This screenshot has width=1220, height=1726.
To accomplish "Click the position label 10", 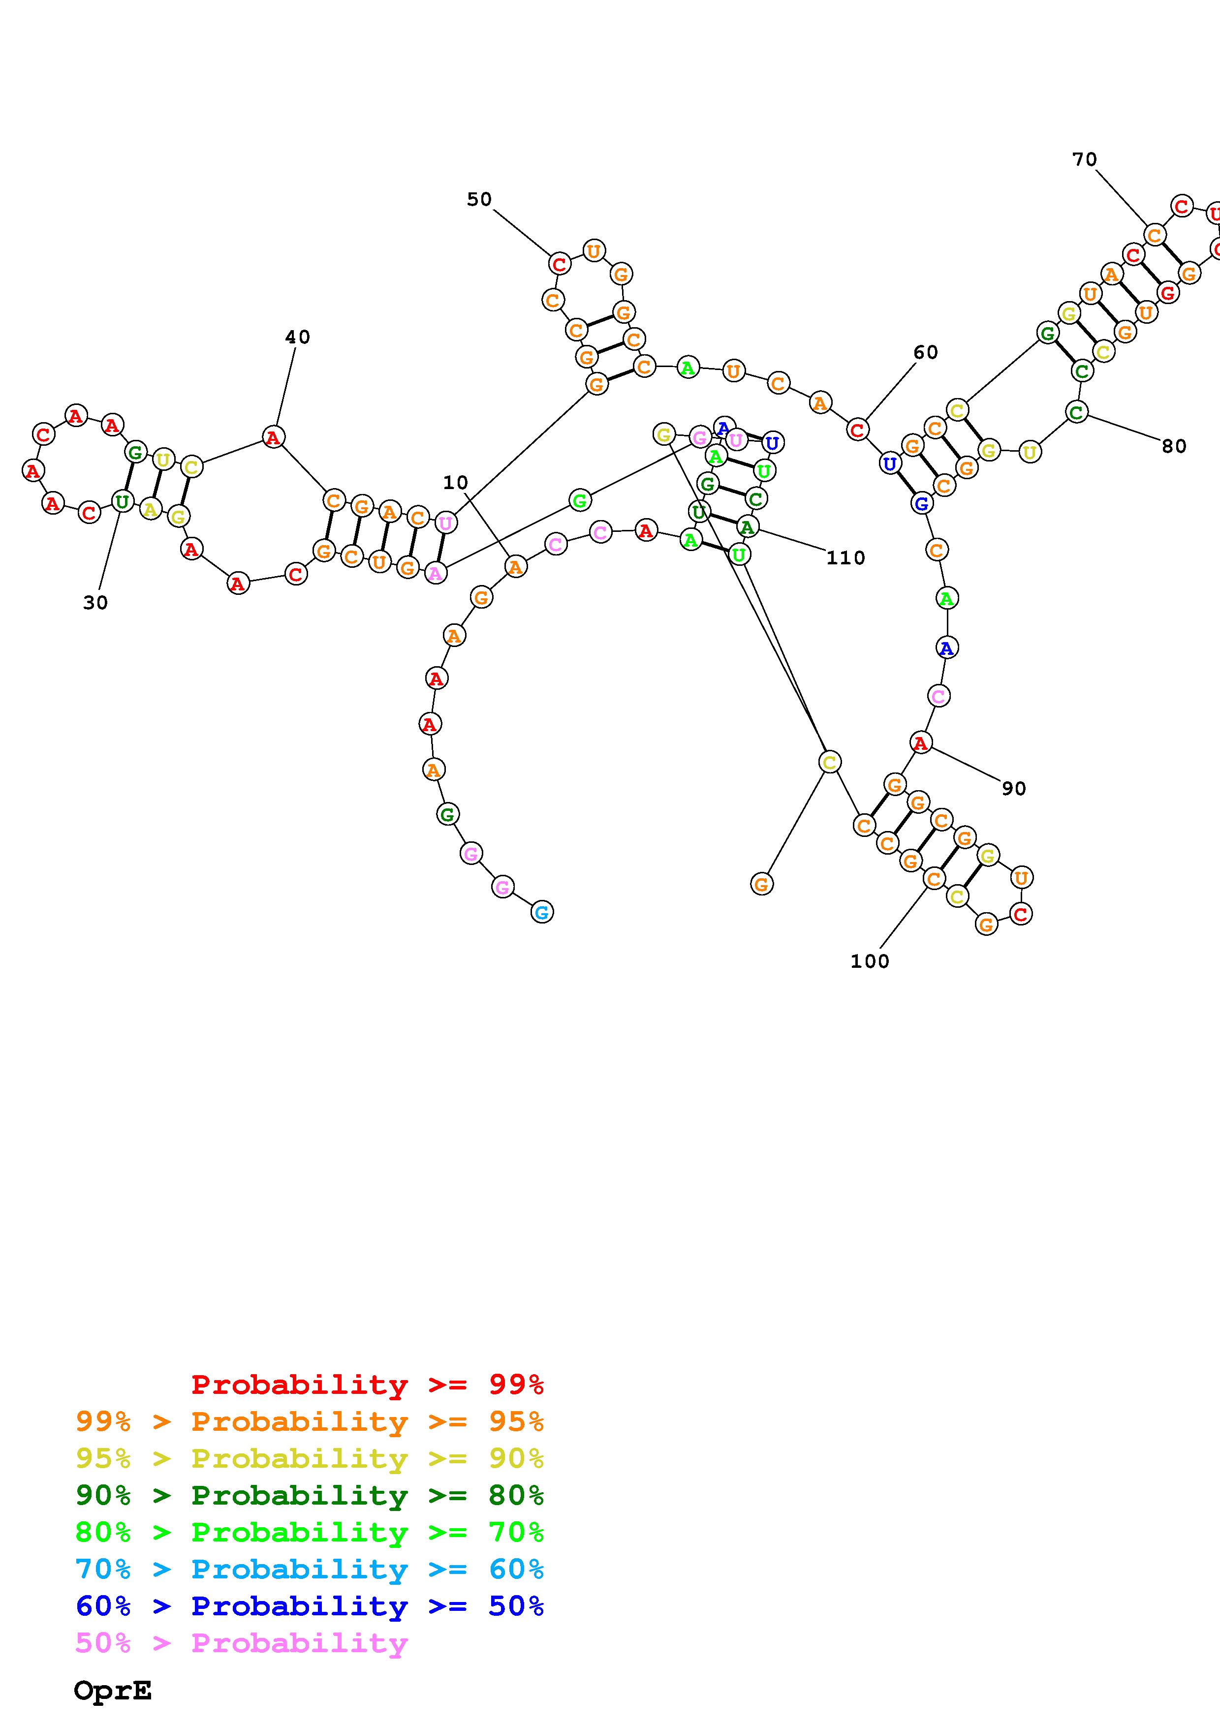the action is click(x=456, y=483).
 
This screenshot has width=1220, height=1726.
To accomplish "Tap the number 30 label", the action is click(x=95, y=603).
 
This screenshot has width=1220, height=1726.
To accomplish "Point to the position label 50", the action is click(x=479, y=199).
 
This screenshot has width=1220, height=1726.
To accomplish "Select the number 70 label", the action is click(x=1085, y=159).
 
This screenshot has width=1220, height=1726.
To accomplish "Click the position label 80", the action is click(x=1173, y=447).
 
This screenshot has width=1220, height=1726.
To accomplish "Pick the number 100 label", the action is click(x=870, y=961).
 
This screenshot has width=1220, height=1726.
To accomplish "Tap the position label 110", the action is click(x=845, y=558).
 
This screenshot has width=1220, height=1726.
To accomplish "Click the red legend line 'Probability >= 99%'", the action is click(x=368, y=1385).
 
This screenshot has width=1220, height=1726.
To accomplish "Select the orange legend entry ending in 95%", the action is click(x=310, y=1421).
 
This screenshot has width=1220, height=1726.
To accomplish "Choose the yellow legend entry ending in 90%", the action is click(x=310, y=1458).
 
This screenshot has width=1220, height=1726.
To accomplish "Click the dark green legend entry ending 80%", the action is click(x=310, y=1495).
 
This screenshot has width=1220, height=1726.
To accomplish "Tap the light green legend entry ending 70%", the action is click(x=310, y=1532).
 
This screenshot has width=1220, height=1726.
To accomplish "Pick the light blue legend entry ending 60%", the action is click(x=310, y=1569).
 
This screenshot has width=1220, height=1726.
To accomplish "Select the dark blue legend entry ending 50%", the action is click(x=310, y=1606).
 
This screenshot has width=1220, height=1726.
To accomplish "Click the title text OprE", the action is click(x=113, y=1690).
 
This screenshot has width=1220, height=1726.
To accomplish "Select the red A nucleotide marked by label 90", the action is click(x=921, y=743).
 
